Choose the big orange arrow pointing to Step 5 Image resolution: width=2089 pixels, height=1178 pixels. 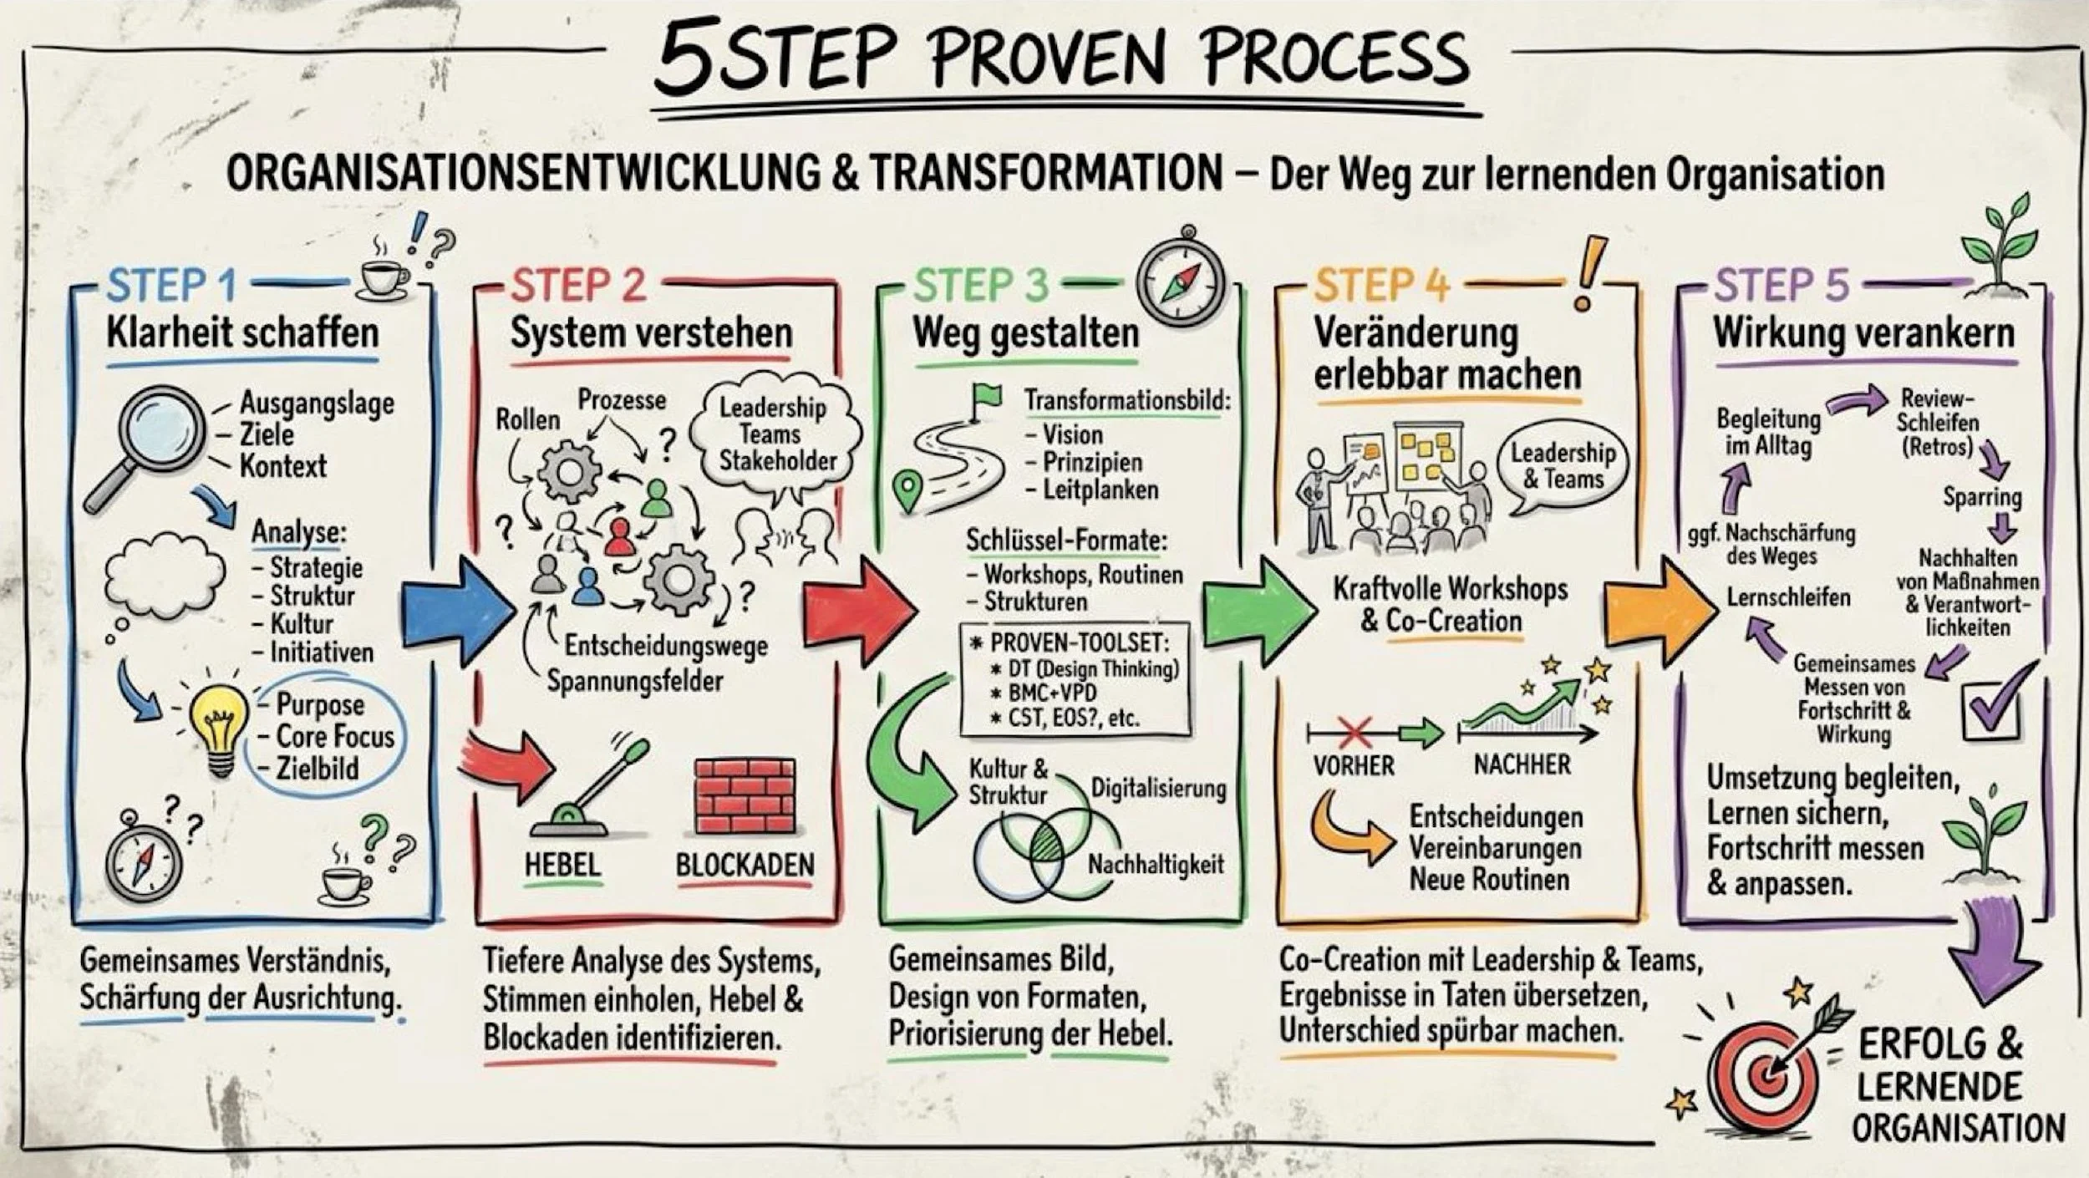pos(1659,612)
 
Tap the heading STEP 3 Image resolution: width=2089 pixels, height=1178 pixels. pos(980,285)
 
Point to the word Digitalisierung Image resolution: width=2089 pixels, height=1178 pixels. pos(1158,789)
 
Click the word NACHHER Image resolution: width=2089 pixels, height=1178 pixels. pos(1522,764)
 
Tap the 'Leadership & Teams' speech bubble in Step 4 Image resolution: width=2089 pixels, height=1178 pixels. pos(1563,466)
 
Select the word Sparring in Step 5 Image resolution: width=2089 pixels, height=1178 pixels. pos(1982,497)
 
